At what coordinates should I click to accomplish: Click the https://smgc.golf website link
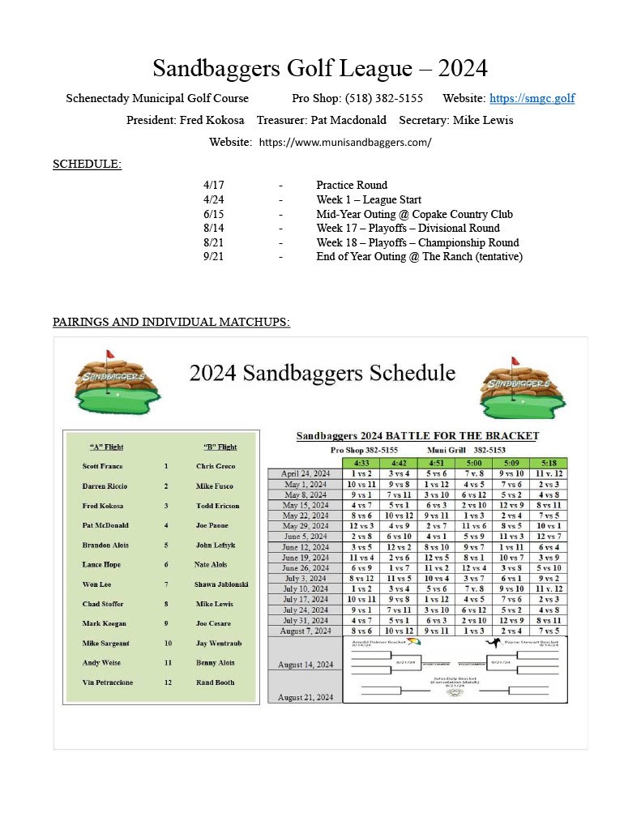tap(532, 99)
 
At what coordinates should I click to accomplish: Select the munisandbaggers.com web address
tap(345, 143)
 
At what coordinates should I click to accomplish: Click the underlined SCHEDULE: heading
tap(87, 165)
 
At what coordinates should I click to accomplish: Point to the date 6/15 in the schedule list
tap(213, 215)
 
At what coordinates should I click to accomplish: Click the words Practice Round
tap(352, 186)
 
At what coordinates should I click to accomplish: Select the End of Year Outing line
tap(419, 257)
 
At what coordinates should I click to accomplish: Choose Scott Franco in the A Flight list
tap(102, 467)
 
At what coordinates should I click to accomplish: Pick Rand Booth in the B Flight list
tap(215, 682)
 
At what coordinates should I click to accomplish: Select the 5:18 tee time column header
tap(549, 463)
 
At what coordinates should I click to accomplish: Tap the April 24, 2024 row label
tap(306, 473)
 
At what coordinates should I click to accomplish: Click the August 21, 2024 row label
tap(305, 697)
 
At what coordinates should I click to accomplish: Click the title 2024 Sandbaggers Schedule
tap(322, 373)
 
